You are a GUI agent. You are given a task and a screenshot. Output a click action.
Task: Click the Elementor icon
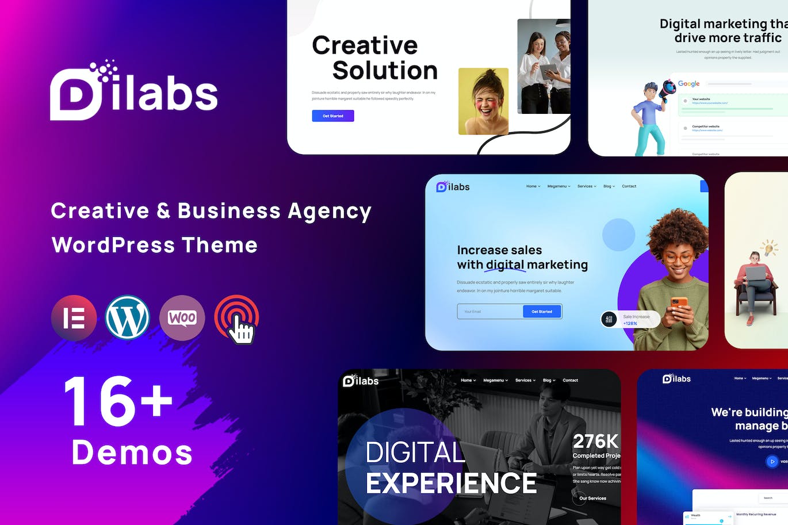coord(74,318)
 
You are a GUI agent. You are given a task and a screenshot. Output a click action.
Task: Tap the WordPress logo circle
coord(128,318)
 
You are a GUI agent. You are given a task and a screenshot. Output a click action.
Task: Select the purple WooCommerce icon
coord(182,318)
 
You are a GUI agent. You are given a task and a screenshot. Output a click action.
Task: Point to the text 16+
coord(118,401)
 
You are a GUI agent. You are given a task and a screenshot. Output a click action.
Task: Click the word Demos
coord(132,453)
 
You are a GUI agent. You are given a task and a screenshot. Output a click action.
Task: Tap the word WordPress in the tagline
coord(113,245)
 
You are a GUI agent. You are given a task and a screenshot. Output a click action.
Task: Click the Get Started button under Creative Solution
coord(332,116)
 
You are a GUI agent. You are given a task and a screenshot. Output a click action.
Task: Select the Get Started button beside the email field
coord(541,312)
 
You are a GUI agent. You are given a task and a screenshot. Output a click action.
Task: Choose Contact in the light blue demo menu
coord(629,186)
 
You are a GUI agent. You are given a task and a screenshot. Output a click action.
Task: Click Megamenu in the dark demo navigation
coord(495,380)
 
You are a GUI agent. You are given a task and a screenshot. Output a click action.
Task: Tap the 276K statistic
coord(595,441)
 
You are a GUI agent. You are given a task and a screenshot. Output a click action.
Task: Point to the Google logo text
coord(688,83)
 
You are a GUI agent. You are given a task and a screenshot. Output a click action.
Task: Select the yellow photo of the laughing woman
coord(483,101)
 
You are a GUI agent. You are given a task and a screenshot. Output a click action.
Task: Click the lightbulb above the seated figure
coord(769,248)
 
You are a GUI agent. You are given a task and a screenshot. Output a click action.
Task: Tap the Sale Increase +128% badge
coord(630,320)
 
